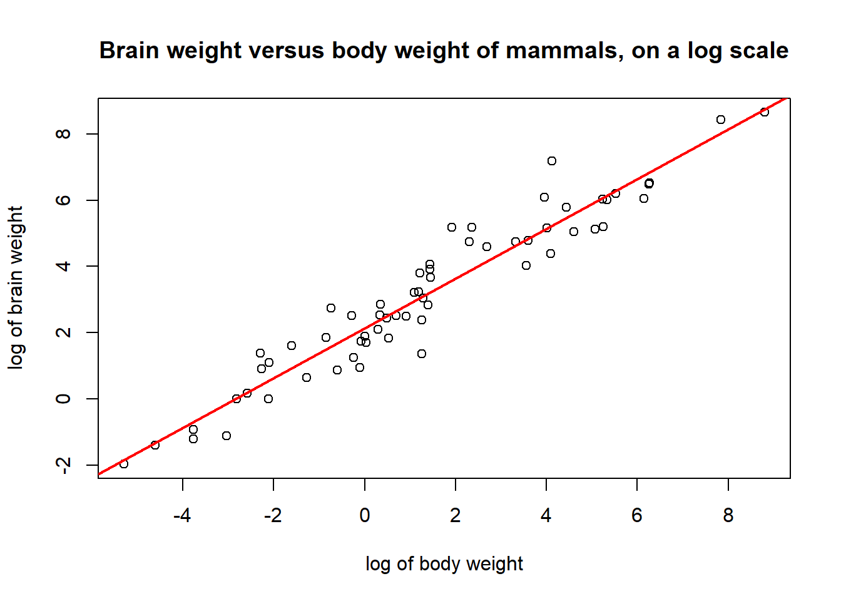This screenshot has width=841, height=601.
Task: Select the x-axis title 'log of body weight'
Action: [x=444, y=564]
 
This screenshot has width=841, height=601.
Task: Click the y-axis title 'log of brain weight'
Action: [x=16, y=288]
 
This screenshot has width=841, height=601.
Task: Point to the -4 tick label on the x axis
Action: [x=182, y=516]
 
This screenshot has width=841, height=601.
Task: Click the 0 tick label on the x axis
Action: [x=365, y=516]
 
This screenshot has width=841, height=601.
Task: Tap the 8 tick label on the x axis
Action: [x=728, y=516]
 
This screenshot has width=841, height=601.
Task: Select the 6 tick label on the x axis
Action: [x=637, y=516]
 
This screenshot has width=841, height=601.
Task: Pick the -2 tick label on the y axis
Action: [x=63, y=465]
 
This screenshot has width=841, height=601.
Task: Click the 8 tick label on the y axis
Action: [x=63, y=134]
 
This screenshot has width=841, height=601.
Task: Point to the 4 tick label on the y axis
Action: [x=63, y=266]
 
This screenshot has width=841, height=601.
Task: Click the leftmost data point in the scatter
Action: [x=124, y=464]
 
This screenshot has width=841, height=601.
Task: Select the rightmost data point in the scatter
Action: [x=764, y=112]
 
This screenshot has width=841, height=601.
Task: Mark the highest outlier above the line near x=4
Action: [x=552, y=161]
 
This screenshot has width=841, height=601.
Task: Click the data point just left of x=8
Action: [x=721, y=120]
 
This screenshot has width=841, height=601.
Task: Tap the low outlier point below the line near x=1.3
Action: [x=422, y=354]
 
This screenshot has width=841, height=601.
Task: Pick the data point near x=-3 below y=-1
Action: [x=227, y=436]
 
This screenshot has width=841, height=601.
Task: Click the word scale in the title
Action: [x=759, y=51]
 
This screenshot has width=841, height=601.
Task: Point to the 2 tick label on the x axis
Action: [x=456, y=516]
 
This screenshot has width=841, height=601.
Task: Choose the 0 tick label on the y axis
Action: [x=63, y=399]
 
